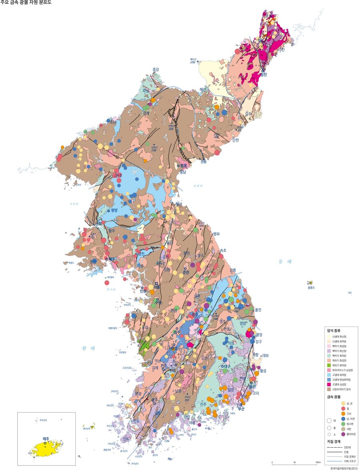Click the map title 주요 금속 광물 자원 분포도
[26, 3]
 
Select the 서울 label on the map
[156, 287]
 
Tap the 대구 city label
[228, 366]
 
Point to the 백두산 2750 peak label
[194, 60]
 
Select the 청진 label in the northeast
[263, 74]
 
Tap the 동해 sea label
[286, 261]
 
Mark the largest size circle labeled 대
[329, 421]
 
